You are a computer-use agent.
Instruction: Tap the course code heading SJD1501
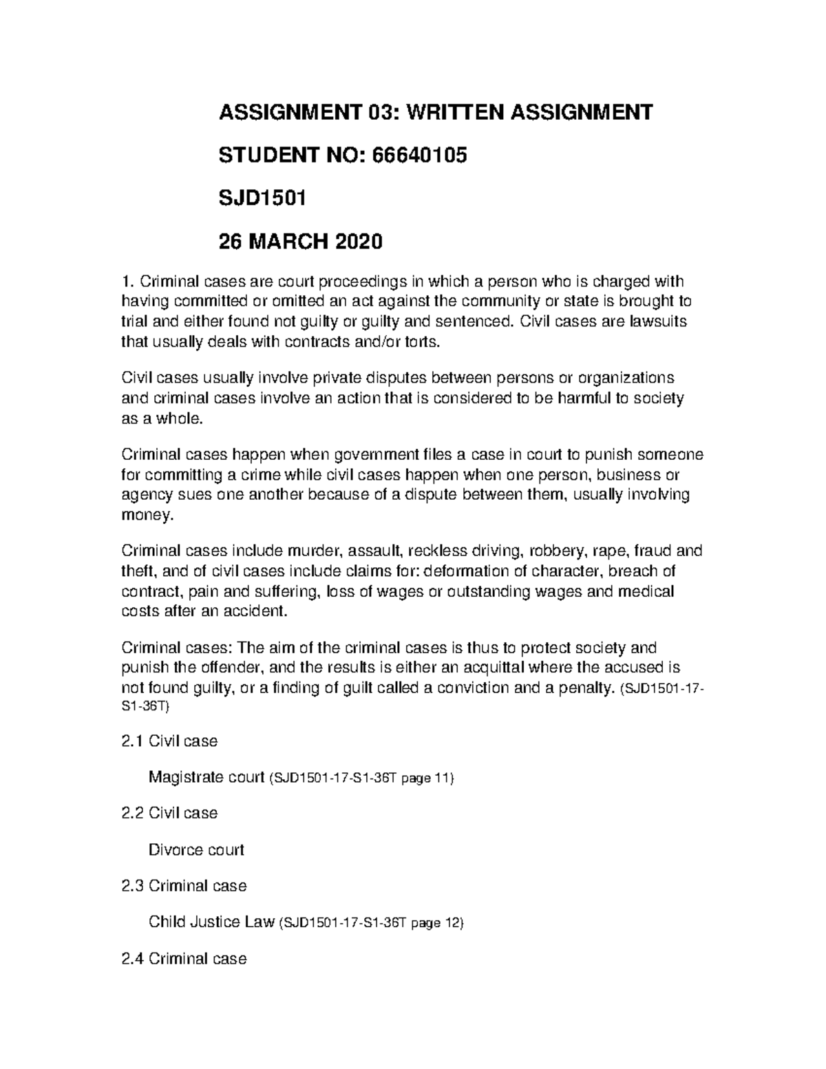pyautogui.click(x=262, y=199)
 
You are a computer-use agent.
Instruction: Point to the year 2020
pyautogui.click(x=357, y=242)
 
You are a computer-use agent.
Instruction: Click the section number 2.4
pyautogui.click(x=131, y=958)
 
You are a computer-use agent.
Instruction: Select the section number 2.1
pyautogui.click(x=131, y=741)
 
